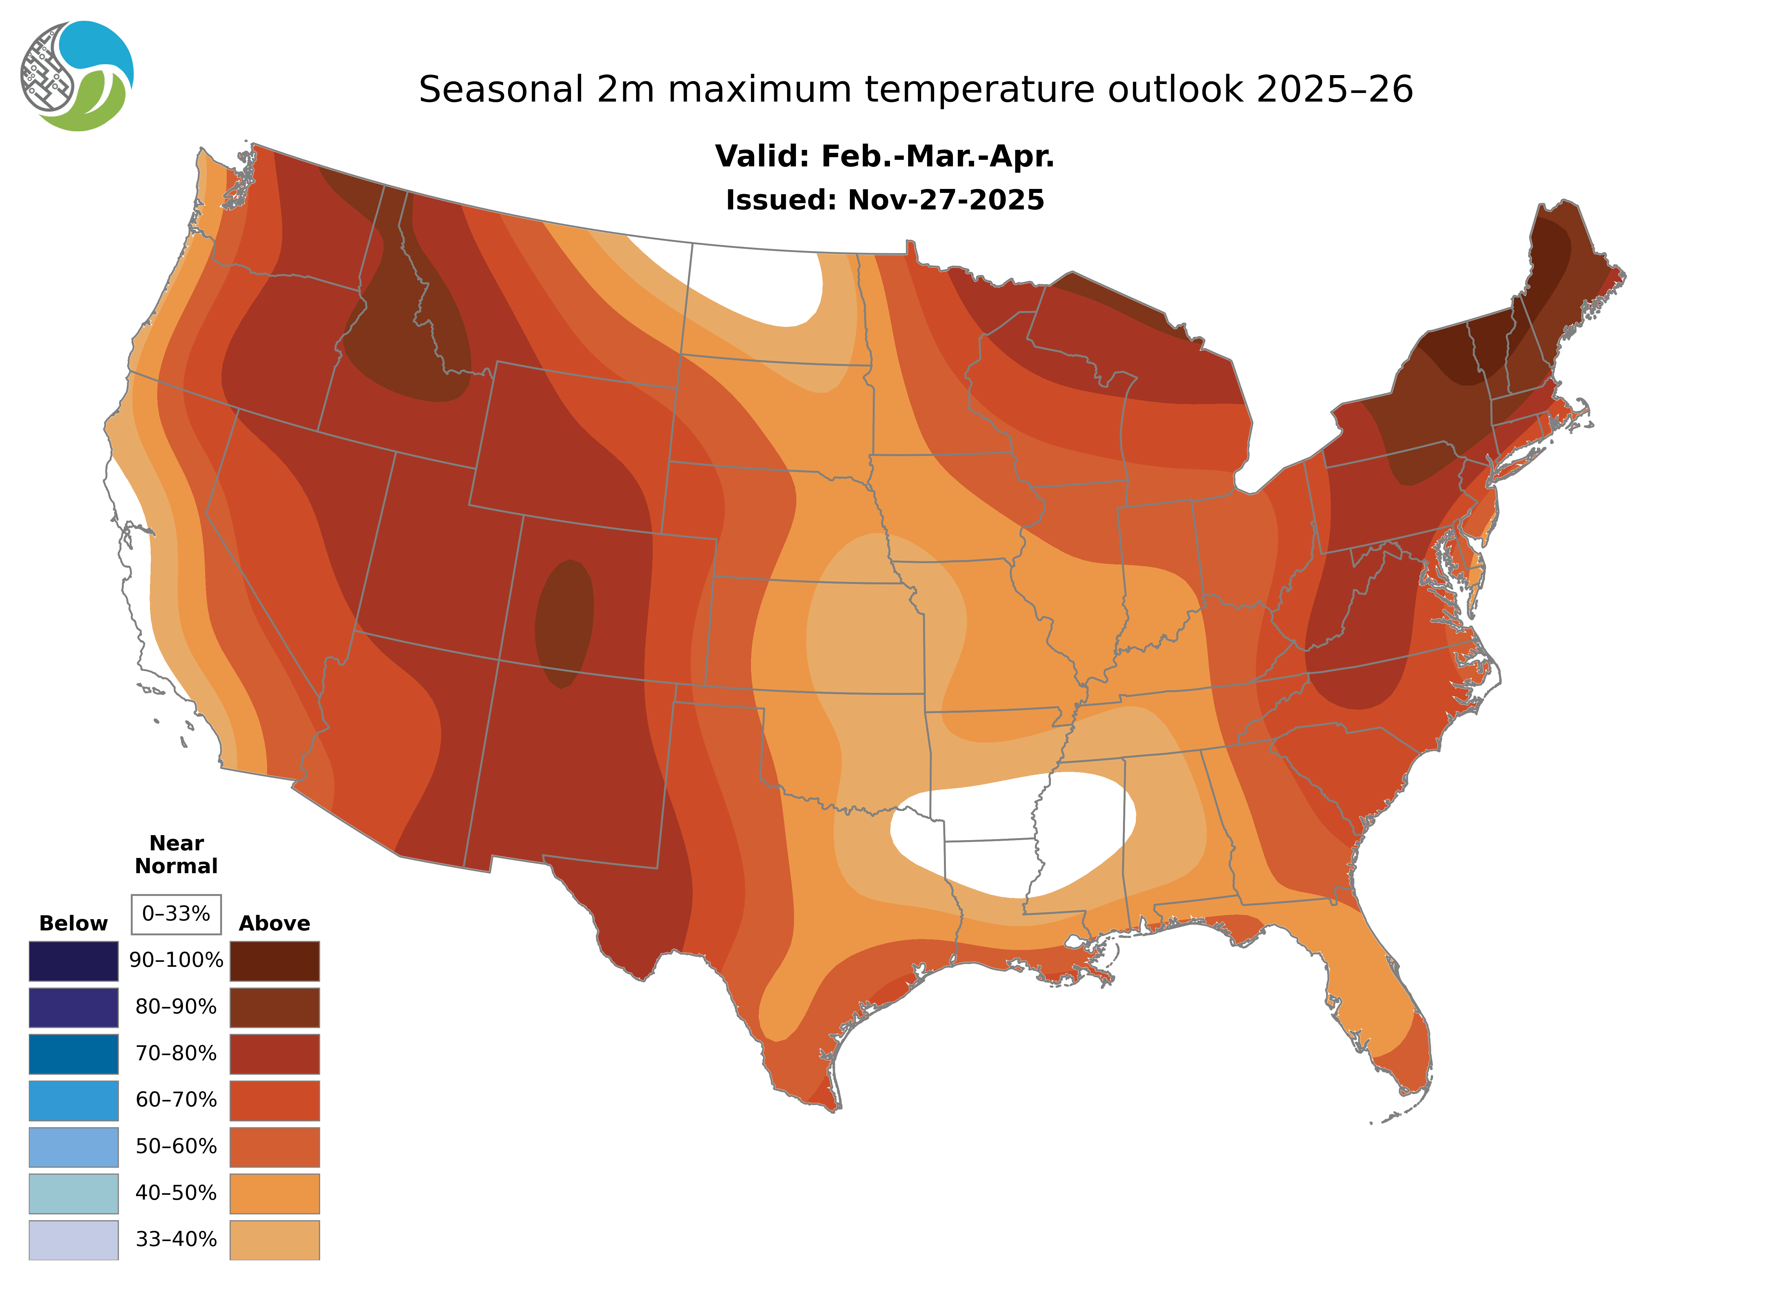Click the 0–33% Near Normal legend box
[x=176, y=914]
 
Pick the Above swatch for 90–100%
[x=274, y=961]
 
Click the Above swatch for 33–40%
[x=274, y=1239]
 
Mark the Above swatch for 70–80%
[x=274, y=1054]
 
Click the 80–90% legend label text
[x=176, y=1007]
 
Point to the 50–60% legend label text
[x=176, y=1146]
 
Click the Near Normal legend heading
[x=176, y=855]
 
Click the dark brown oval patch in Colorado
[x=564, y=623]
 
